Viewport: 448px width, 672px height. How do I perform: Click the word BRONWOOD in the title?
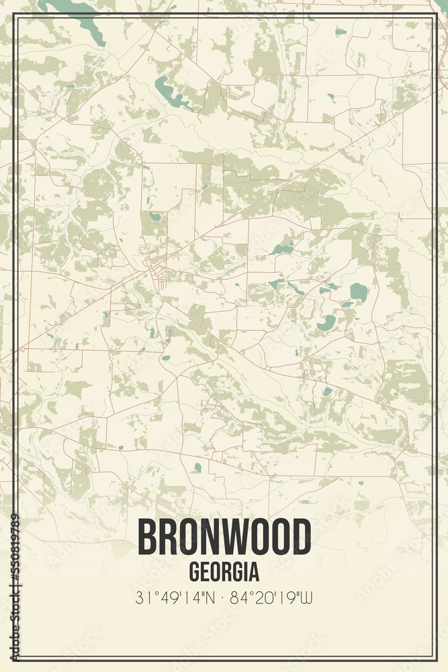pyautogui.click(x=224, y=537)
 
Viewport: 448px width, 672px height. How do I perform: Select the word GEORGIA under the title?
pyautogui.click(x=224, y=572)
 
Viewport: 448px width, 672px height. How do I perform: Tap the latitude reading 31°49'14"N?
pyautogui.click(x=176, y=597)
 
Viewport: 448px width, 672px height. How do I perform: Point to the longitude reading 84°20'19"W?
pyautogui.click(x=272, y=597)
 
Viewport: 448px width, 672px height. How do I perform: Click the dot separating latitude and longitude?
pyautogui.click(x=224, y=597)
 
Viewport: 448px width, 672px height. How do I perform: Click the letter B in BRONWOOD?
pyautogui.click(x=147, y=537)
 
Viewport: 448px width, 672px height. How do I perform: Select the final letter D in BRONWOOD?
pyautogui.click(x=302, y=537)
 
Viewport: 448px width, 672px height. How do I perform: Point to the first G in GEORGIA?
pyautogui.click(x=194, y=572)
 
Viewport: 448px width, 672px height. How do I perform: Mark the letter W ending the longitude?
pyautogui.click(x=309, y=597)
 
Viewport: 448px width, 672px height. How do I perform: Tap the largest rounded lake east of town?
pyautogui.click(x=359, y=292)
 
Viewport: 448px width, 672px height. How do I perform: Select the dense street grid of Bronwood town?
pyautogui.click(x=159, y=274)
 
